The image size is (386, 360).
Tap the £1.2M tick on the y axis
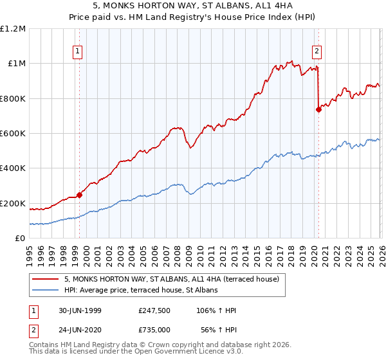pos(13,29)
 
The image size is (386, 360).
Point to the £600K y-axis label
pos(13,134)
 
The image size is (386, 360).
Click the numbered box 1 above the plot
pos(78,53)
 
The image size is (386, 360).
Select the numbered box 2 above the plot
pos(317,53)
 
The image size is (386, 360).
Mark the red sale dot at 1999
pos(80,195)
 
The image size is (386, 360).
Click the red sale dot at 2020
pos(318,109)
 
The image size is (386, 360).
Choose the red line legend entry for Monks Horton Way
pos(171,280)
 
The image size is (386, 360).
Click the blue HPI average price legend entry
pos(141,291)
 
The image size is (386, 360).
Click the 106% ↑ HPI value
pos(216,311)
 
